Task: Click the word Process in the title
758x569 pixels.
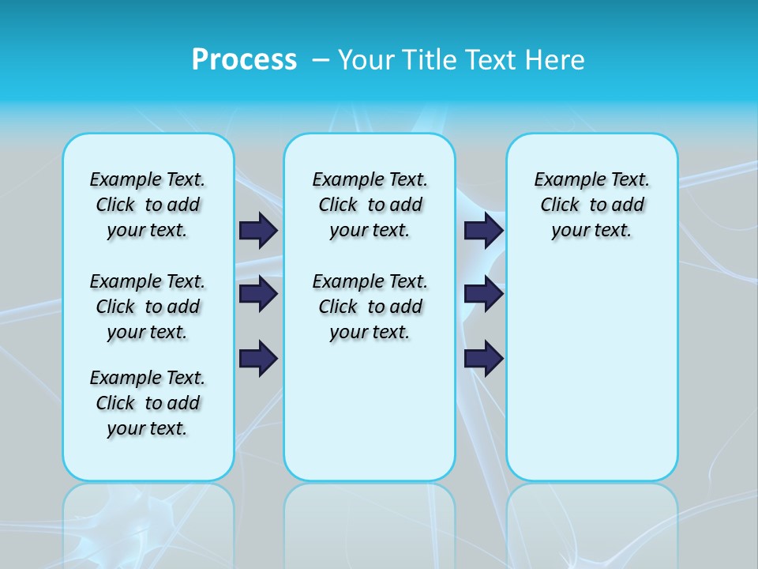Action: [x=244, y=60]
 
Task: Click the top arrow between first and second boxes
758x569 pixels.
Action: [x=258, y=230]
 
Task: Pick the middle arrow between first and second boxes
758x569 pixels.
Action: [x=258, y=294]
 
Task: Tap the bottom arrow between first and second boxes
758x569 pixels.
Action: [x=258, y=359]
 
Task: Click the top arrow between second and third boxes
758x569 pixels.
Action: [x=483, y=230]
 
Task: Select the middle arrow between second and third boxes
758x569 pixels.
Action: [x=483, y=294]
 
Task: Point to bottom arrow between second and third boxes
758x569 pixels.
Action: [x=483, y=359]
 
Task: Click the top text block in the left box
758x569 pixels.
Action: [x=148, y=205]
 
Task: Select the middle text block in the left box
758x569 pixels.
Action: [x=148, y=307]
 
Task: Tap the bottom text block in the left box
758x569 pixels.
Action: [x=148, y=403]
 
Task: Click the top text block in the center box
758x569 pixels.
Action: [x=370, y=205]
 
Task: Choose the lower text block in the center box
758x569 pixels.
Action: [x=370, y=307]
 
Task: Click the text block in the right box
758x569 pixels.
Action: [x=592, y=205]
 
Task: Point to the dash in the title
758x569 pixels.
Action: [x=321, y=60]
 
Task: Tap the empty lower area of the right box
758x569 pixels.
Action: [x=592, y=379]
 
